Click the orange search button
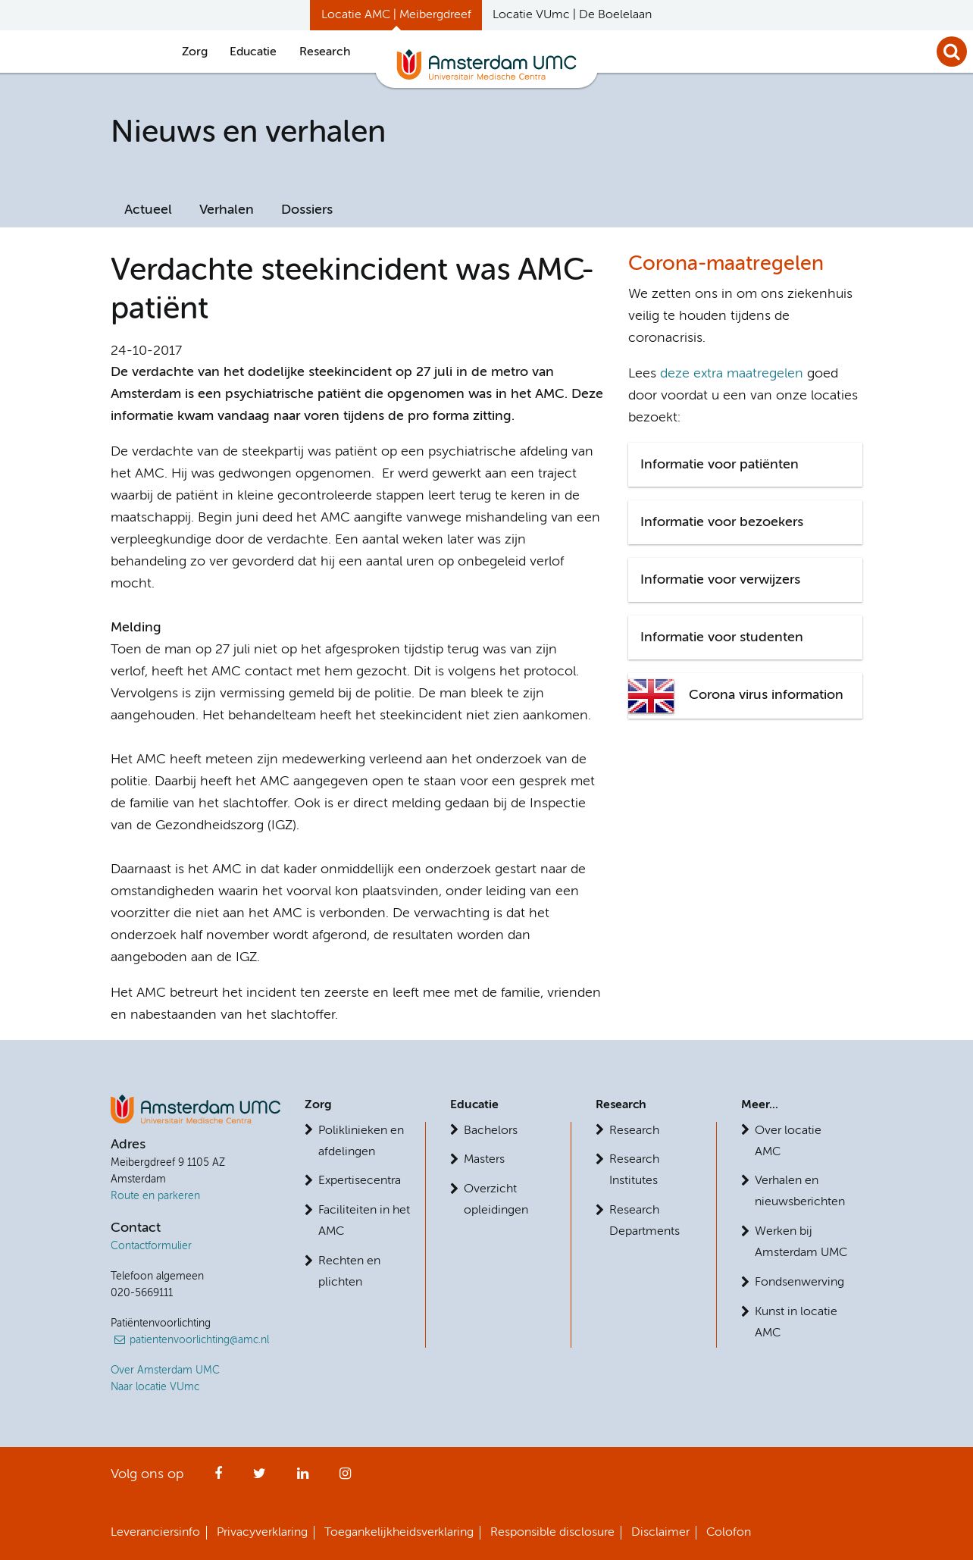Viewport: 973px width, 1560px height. [951, 52]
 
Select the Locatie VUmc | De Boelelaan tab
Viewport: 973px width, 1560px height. [571, 14]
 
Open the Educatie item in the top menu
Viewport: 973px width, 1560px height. [252, 52]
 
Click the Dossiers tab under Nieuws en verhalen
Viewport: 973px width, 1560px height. [306, 209]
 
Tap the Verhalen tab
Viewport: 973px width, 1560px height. [226, 209]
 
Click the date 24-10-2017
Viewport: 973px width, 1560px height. [146, 350]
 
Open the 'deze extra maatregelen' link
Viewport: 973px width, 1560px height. [731, 373]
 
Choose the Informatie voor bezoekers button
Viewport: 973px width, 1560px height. [744, 522]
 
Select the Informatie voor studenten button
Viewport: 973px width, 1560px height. [744, 637]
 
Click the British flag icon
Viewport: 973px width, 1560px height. [651, 695]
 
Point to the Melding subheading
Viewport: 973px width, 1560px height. [136, 627]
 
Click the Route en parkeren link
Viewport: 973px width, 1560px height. [155, 1195]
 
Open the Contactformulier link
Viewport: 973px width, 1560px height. [151, 1245]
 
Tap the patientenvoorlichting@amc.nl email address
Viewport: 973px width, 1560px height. [199, 1339]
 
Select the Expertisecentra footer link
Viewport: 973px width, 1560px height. [359, 1180]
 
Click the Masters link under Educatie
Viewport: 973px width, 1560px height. [483, 1159]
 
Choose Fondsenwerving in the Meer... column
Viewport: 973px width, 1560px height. [799, 1282]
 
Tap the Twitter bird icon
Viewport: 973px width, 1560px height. [259, 1474]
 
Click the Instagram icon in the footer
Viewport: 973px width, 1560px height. [345, 1474]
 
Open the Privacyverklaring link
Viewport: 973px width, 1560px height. [261, 1532]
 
